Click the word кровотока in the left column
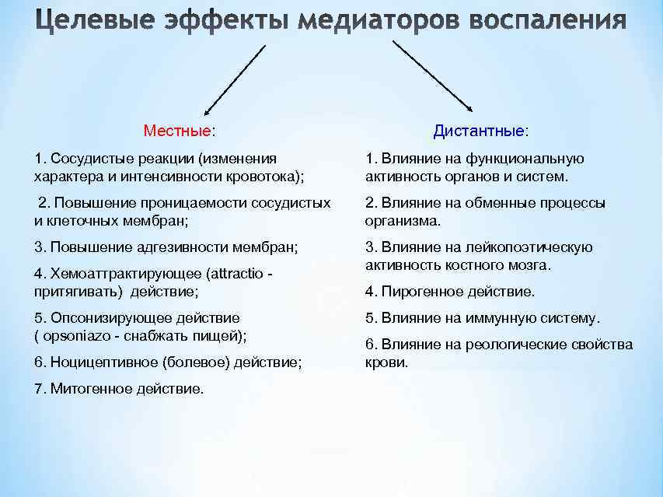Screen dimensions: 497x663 click(x=269, y=177)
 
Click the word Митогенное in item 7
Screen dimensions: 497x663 click(x=85, y=388)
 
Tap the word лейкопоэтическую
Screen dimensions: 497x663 click(x=538, y=247)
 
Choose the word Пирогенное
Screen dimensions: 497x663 click(x=423, y=292)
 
